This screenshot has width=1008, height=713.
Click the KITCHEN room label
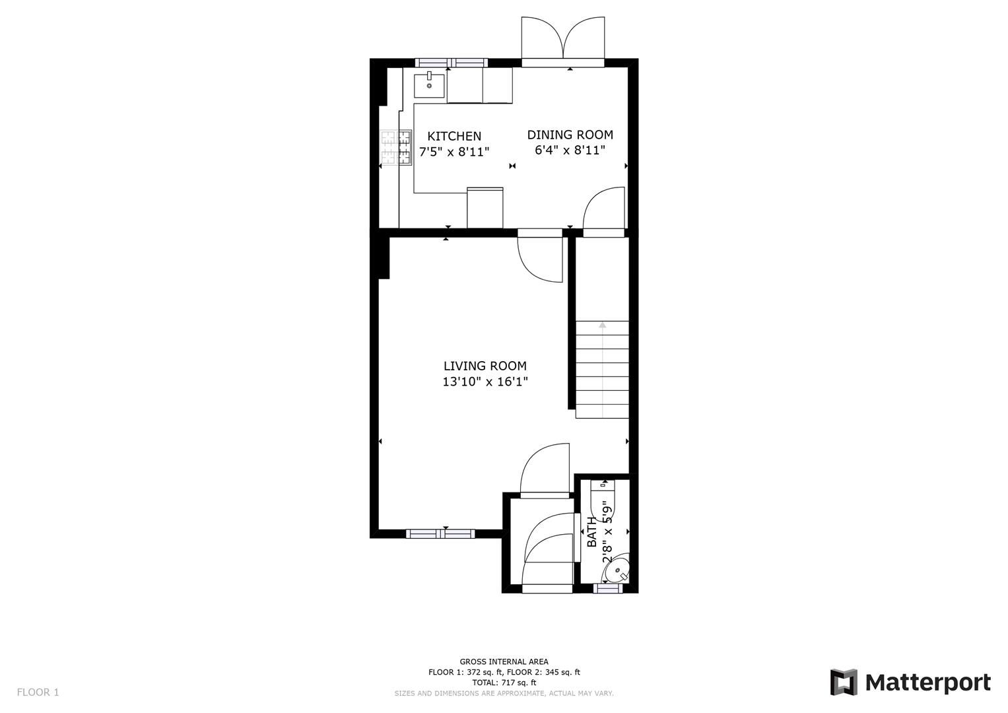[x=454, y=136]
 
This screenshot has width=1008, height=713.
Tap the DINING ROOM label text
[x=570, y=135]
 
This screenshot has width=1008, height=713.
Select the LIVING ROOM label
[x=485, y=366]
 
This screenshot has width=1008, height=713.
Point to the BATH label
[x=592, y=532]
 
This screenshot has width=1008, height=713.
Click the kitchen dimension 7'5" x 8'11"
[x=454, y=152]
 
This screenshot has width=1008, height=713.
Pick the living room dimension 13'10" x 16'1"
[x=485, y=382]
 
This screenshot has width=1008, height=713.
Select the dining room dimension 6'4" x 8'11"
[x=570, y=151]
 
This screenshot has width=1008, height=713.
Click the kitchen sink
[x=429, y=85]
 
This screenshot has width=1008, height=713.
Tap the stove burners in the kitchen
[x=395, y=147]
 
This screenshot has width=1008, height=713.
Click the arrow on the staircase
[x=602, y=325]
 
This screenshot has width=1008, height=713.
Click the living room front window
[x=440, y=533]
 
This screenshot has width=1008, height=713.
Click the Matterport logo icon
[x=843, y=682]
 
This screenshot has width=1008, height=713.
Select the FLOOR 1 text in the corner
[x=38, y=692]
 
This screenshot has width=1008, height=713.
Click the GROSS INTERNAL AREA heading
[x=504, y=662]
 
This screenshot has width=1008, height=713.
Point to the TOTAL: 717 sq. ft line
[x=504, y=683]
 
